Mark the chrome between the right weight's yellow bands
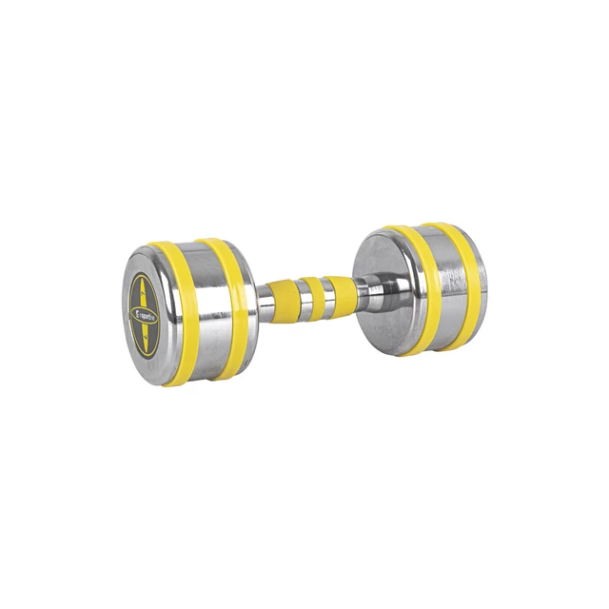point(440,285)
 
